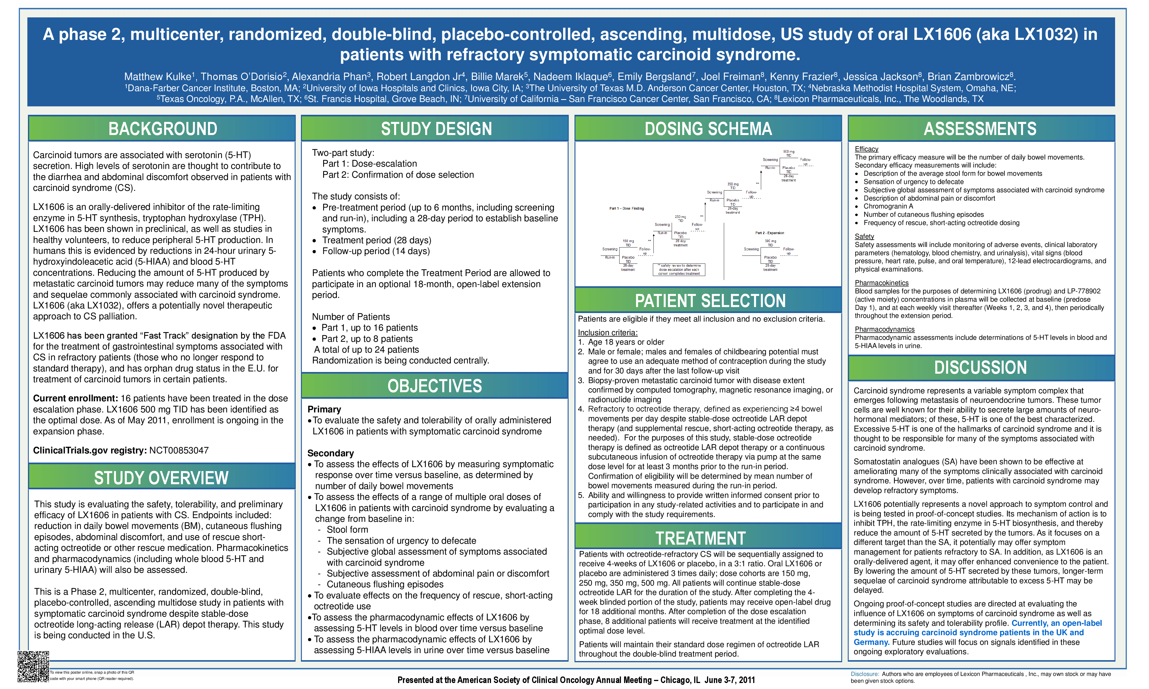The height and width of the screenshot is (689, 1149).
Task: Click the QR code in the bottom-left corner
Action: point(33,666)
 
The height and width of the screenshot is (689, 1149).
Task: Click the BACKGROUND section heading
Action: point(162,129)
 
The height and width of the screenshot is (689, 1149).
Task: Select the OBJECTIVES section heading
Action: point(435,386)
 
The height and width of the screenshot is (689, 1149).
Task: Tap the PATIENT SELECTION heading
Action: point(710,301)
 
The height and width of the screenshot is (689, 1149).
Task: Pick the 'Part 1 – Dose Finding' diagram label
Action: point(627,208)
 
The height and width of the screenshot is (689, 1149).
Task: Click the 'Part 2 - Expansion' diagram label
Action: point(769,233)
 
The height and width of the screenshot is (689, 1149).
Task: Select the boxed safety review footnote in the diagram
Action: point(679,270)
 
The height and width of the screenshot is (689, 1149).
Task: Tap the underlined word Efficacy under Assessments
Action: point(866,149)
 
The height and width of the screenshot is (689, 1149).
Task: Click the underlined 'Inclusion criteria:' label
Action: point(608,332)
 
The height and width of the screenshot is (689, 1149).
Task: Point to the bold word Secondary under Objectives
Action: point(331,453)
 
